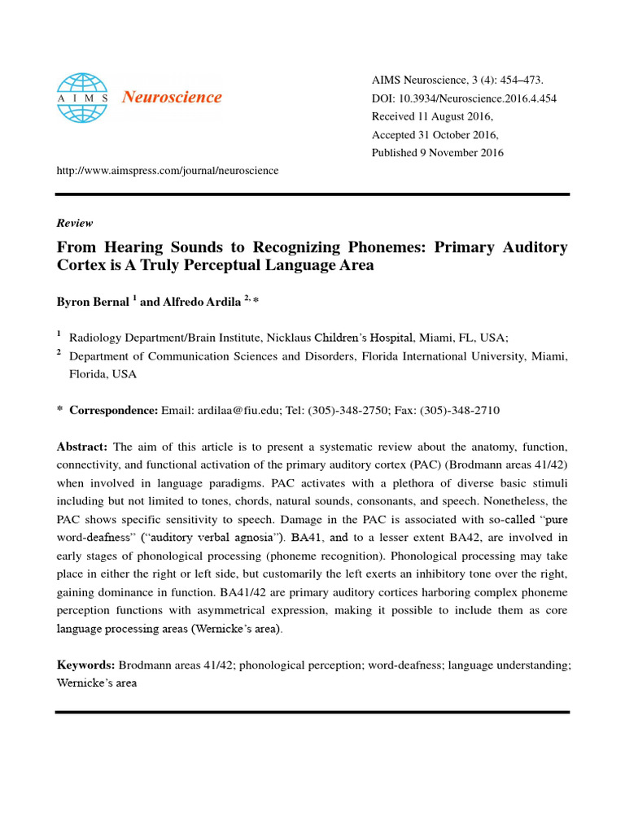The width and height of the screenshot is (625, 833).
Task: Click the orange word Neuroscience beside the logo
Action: pyautogui.click(x=171, y=98)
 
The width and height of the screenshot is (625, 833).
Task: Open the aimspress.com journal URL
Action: pyautogui.click(x=167, y=171)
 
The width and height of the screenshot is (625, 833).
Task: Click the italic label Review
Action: pyautogui.click(x=75, y=223)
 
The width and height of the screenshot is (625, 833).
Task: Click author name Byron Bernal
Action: pyautogui.click(x=93, y=302)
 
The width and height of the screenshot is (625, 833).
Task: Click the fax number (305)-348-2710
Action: pyautogui.click(x=459, y=411)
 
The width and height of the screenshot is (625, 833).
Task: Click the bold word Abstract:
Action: pyautogui.click(x=82, y=447)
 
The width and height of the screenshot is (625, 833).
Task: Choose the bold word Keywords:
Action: pyautogui.click(x=85, y=665)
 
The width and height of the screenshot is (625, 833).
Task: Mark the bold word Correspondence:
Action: pyautogui.click(x=113, y=411)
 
